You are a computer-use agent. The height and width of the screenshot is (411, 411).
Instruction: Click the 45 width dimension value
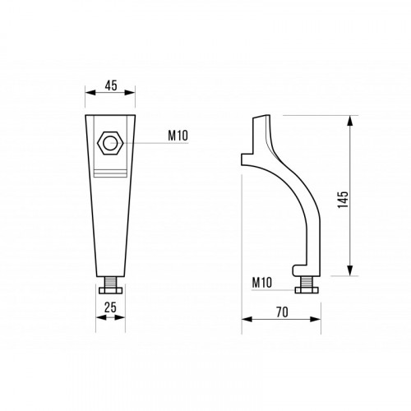click(x=111, y=85)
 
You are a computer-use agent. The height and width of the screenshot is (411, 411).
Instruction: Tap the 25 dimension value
click(x=110, y=307)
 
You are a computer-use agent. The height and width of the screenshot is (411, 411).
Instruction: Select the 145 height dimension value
click(x=343, y=200)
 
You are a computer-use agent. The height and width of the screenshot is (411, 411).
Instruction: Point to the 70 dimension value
click(x=282, y=312)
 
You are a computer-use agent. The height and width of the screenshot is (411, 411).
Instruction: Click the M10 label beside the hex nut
click(x=178, y=136)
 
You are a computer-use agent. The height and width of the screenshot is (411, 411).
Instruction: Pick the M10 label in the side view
click(x=262, y=282)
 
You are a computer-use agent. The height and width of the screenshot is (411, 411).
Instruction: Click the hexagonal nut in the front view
click(x=110, y=143)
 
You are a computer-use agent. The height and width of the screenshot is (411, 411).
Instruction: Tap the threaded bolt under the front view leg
click(x=110, y=280)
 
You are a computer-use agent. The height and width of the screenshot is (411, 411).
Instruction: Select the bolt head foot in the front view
click(x=110, y=289)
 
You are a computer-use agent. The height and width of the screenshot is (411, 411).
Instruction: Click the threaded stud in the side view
click(x=307, y=281)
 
